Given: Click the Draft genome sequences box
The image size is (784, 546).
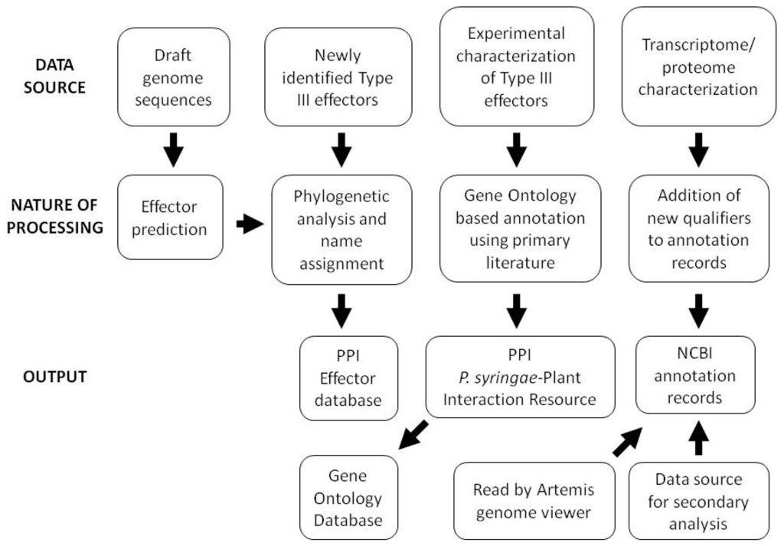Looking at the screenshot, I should pos(175,77).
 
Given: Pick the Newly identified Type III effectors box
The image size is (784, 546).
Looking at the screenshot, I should pos(338,77).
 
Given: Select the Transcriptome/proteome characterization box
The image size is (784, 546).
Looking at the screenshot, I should pos(698,67).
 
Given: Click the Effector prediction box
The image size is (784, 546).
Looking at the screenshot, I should pos(170,217).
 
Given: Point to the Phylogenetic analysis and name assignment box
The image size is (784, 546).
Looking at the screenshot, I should pos(341,230).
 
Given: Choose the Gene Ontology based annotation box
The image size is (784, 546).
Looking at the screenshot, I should pos(520,230).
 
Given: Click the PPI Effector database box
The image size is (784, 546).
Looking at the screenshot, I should pos(348,378).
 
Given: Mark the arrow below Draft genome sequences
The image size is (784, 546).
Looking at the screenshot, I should pos(175,151).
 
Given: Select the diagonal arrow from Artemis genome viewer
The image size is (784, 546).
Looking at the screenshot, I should pos(629,442).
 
